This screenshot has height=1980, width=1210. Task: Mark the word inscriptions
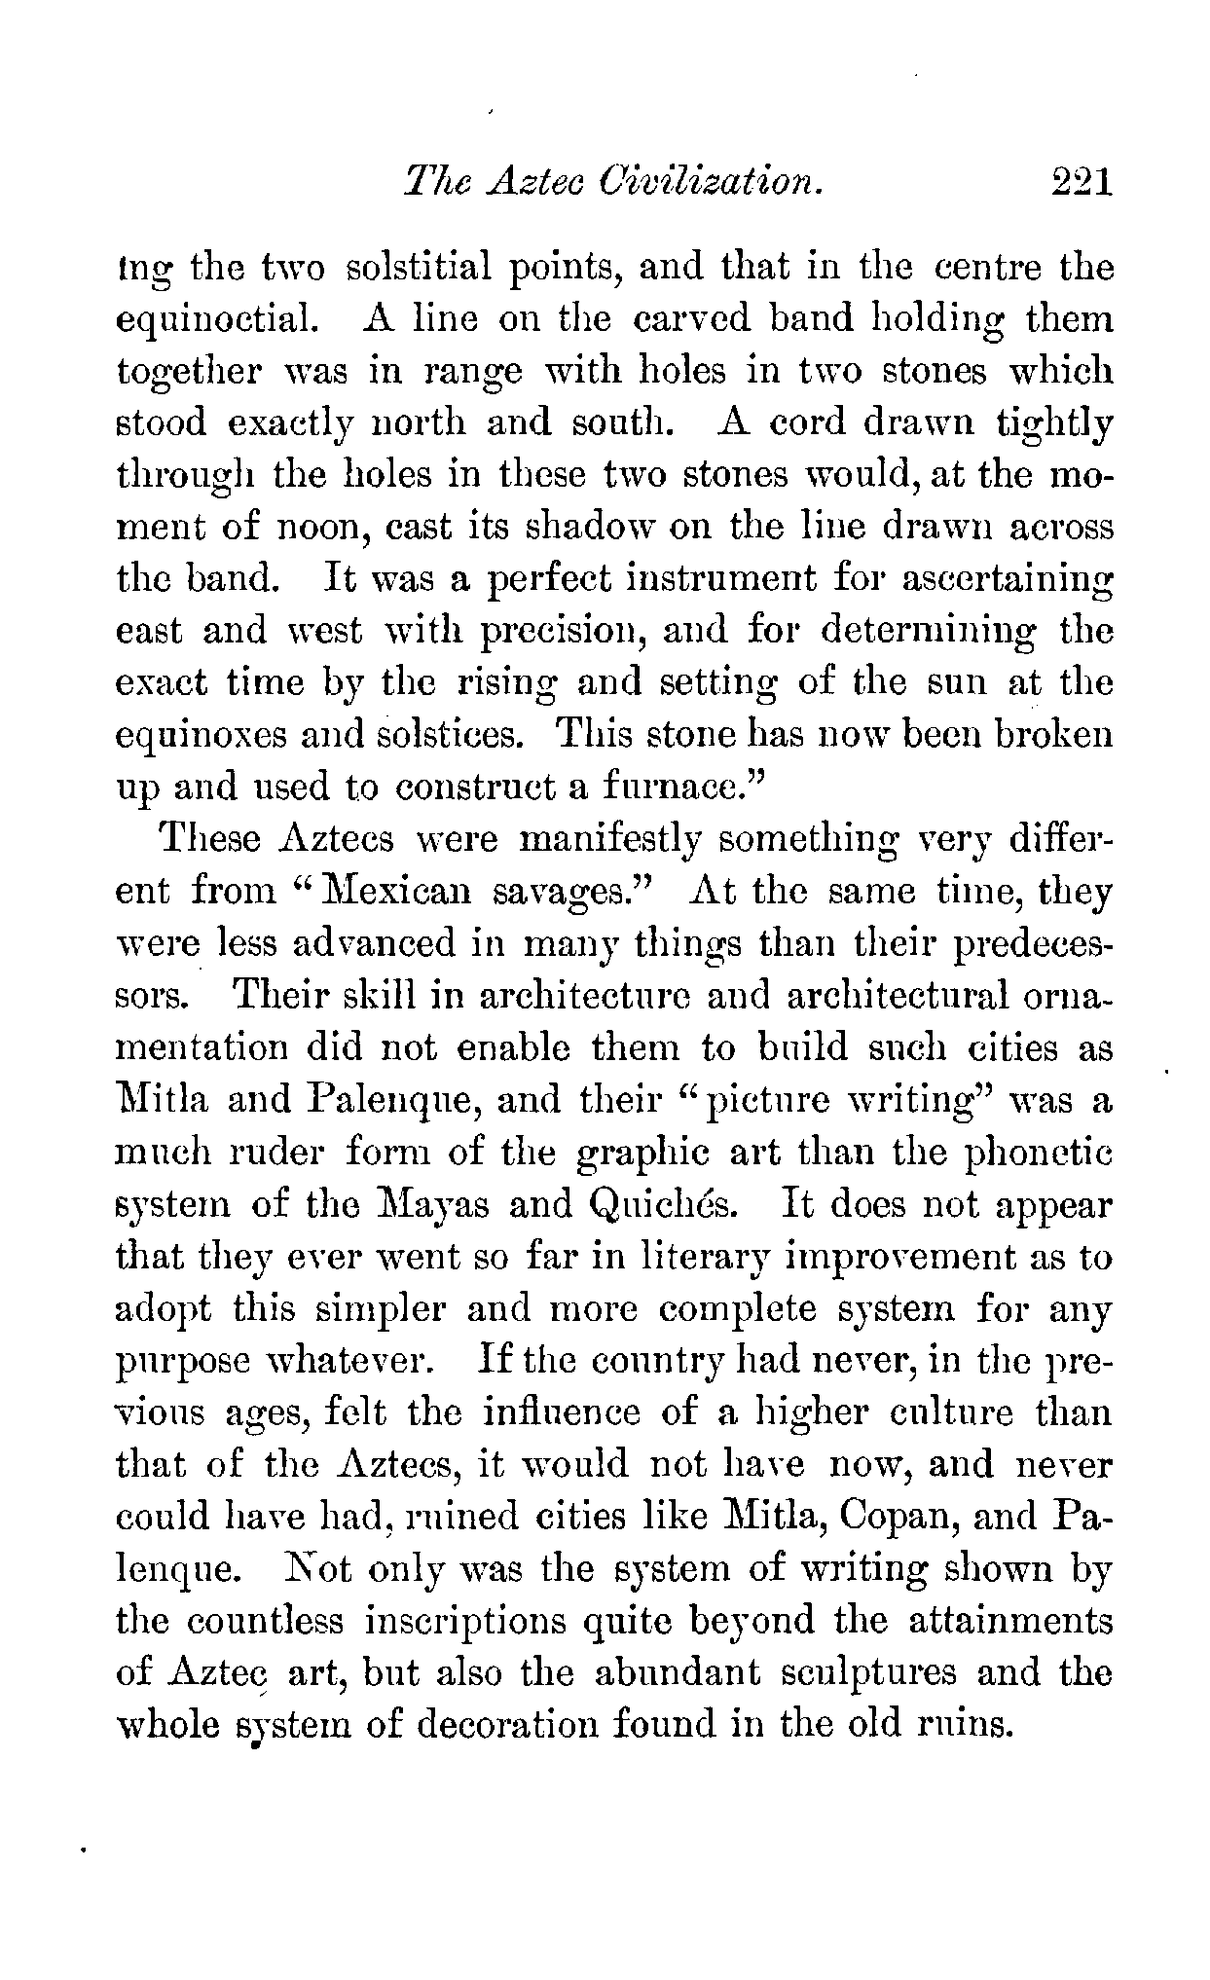(x=469, y=1622)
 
